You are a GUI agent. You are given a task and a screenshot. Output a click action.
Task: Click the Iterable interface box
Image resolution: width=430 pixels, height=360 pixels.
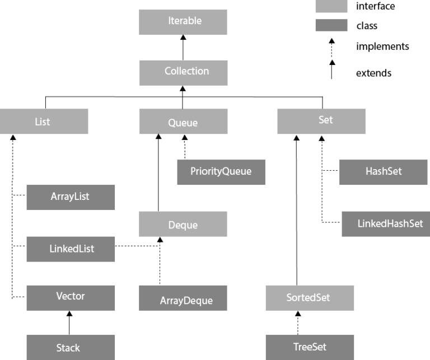(x=183, y=22)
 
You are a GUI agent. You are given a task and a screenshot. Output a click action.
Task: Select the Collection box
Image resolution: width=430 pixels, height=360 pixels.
(x=183, y=73)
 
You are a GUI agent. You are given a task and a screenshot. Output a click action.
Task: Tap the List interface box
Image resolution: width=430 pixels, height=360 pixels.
(x=44, y=121)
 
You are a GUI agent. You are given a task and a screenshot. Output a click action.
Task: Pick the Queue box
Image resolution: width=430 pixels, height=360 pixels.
(x=183, y=121)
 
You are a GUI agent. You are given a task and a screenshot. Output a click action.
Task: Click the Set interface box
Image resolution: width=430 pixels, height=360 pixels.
(x=321, y=121)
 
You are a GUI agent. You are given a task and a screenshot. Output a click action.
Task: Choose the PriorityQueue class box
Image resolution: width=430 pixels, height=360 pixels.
(x=221, y=172)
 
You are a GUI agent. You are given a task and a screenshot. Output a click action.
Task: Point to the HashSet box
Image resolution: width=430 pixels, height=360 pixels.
(x=383, y=172)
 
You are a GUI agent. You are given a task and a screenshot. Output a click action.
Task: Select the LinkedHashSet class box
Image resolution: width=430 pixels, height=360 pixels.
(x=386, y=224)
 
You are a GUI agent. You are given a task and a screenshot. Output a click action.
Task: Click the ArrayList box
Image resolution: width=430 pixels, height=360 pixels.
(x=71, y=197)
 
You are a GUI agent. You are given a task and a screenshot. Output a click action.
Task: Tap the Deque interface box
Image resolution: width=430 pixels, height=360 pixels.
(x=183, y=224)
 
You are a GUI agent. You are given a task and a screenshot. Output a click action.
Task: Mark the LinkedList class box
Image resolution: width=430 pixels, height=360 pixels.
(x=71, y=249)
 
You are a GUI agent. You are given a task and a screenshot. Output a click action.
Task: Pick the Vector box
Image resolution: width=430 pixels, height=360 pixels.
(x=71, y=298)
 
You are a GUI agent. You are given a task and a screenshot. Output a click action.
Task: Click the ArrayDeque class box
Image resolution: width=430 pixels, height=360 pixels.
(x=183, y=298)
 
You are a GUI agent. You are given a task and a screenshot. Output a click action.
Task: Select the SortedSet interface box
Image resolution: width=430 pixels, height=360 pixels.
(x=310, y=298)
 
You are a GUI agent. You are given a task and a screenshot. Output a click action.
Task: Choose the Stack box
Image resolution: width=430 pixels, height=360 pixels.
(x=71, y=347)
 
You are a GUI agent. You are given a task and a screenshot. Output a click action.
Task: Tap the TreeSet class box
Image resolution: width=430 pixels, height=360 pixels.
(x=310, y=347)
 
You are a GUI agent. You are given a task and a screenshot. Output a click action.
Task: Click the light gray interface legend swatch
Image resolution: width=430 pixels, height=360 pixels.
(x=331, y=6)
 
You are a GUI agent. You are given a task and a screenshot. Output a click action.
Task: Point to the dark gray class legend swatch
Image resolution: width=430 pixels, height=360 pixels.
(x=331, y=25)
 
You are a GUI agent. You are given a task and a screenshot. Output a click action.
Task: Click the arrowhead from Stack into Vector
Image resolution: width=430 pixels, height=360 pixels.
(x=69, y=314)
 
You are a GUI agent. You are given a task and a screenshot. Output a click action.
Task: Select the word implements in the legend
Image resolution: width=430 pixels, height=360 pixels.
(x=382, y=46)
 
